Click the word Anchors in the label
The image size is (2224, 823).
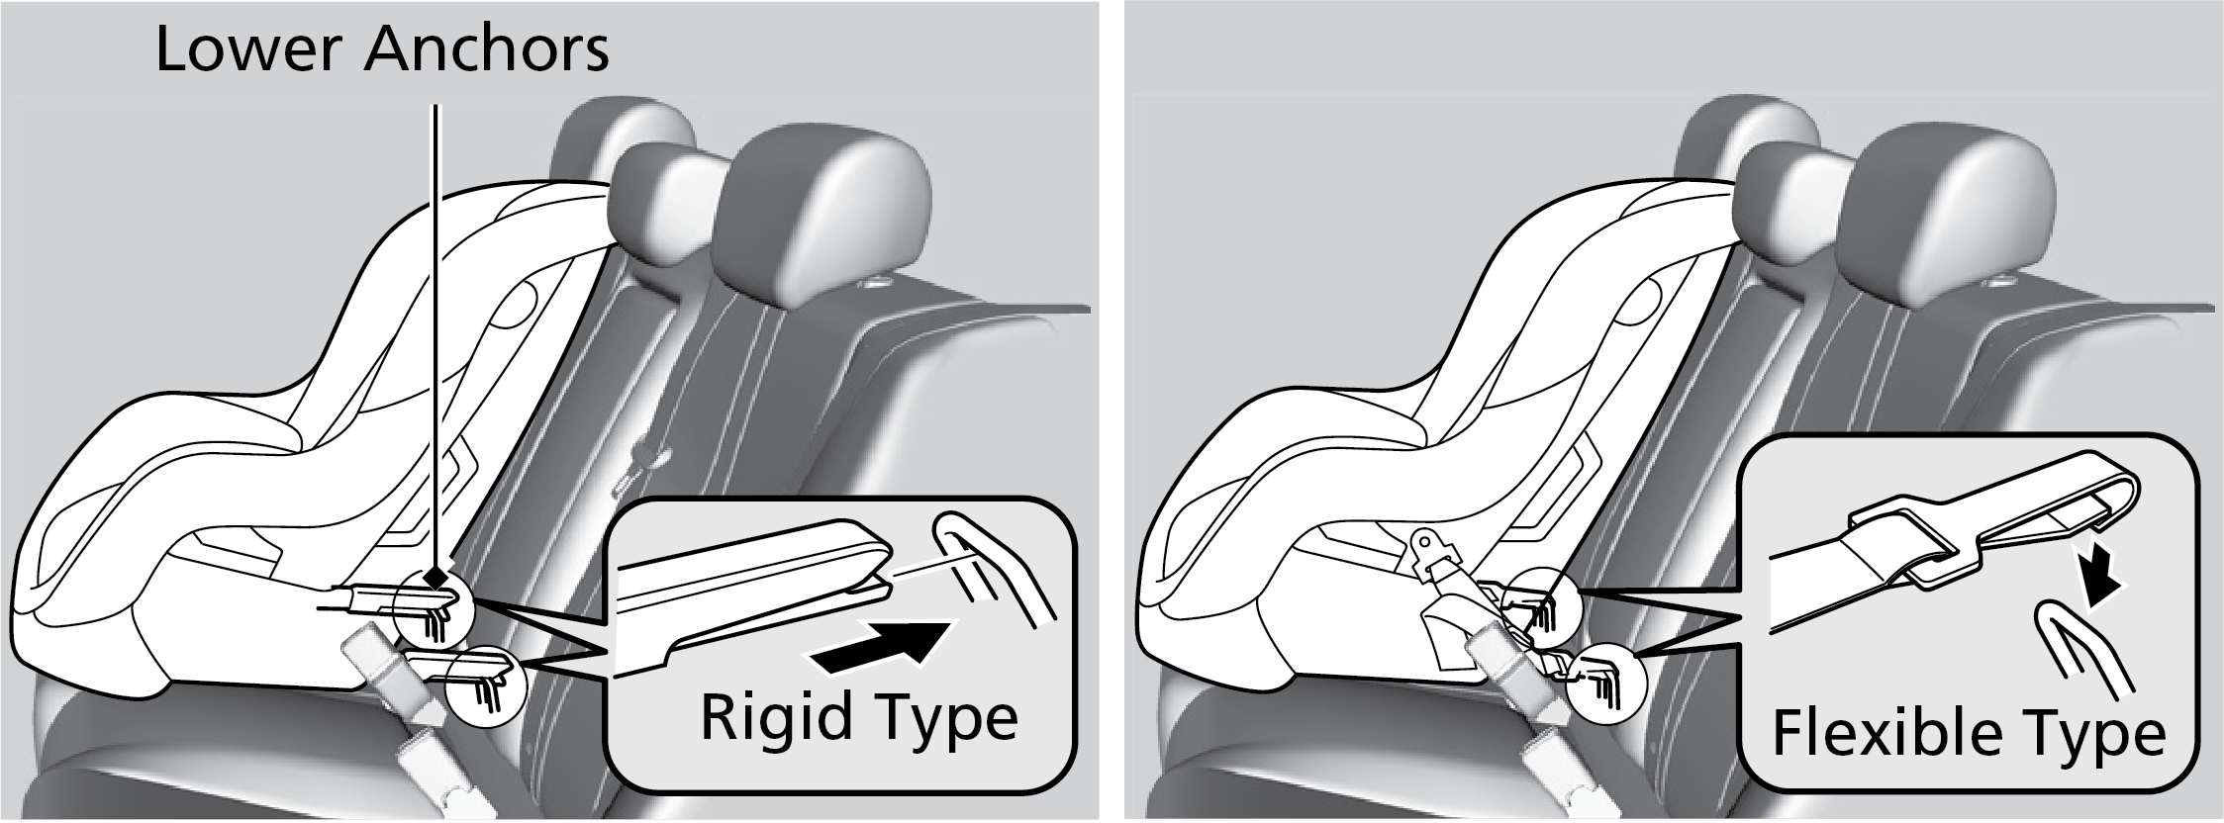[x=487, y=50]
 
